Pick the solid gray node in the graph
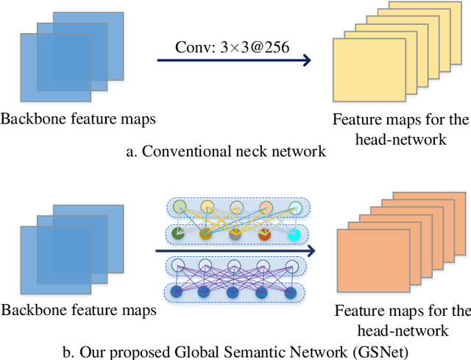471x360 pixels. (235, 235)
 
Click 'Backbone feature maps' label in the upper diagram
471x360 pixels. (78, 119)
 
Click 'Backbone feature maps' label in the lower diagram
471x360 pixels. (78, 311)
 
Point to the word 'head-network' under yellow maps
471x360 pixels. (400, 138)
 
